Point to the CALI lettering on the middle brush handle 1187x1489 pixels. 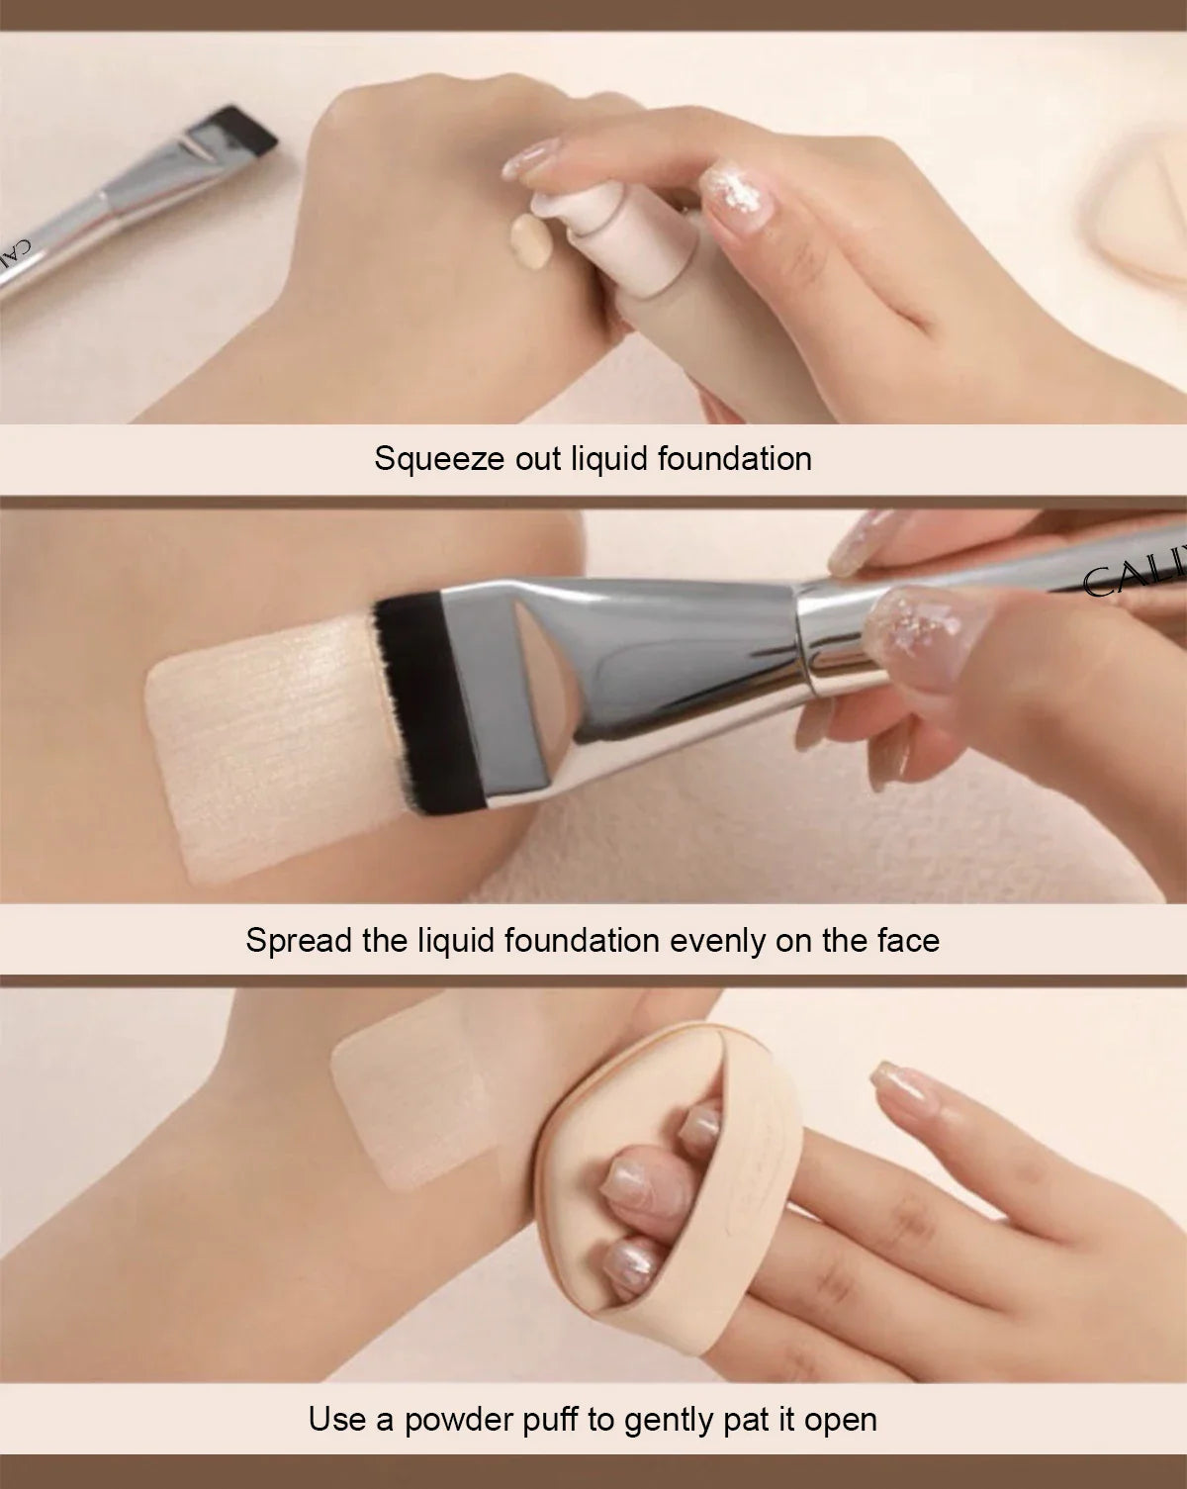coord(1133,580)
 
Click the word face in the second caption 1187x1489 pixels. coord(907,940)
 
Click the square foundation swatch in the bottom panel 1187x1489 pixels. coord(406,1093)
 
